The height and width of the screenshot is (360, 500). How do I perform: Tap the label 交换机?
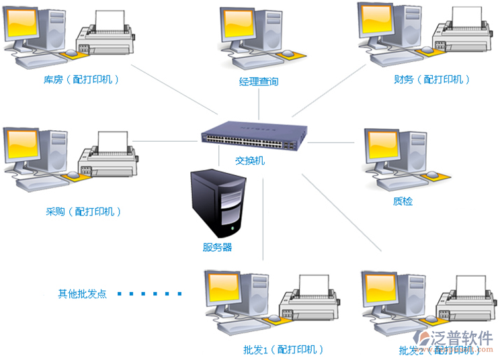(250, 161)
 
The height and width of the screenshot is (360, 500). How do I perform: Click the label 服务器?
(217, 247)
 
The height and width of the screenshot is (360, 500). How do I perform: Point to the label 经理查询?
(259, 82)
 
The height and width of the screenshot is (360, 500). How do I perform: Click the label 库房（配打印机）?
(82, 79)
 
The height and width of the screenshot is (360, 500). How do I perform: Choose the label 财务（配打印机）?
(432, 79)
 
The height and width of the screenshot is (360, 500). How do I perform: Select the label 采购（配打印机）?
(83, 212)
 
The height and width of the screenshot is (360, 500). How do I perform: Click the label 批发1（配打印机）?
(284, 349)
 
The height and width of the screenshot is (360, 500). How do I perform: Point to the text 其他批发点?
(82, 294)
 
